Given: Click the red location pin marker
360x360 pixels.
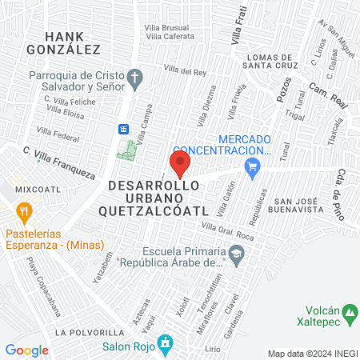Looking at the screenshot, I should click(x=180, y=165).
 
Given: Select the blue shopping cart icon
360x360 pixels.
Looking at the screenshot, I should click(x=254, y=166).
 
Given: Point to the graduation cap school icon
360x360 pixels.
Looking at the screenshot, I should click(x=236, y=254).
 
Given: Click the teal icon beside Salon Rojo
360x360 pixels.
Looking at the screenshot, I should click(x=165, y=346).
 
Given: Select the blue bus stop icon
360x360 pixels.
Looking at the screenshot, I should click(x=124, y=129).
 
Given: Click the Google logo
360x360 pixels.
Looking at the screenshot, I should click(x=26, y=350).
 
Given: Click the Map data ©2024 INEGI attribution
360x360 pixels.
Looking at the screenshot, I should click(x=312, y=354).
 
